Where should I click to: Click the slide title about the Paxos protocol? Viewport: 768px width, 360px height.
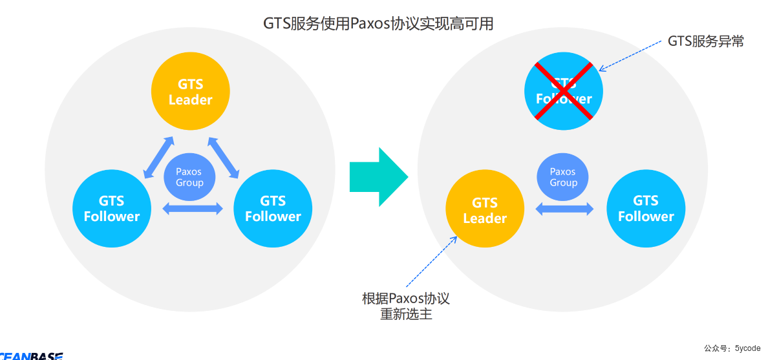(378, 24)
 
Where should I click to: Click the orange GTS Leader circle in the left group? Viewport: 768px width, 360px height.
(190, 92)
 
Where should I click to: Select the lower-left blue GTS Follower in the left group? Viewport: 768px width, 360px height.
(112, 208)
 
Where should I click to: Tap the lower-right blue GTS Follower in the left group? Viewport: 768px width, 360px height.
(273, 208)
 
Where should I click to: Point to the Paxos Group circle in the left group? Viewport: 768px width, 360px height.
(189, 176)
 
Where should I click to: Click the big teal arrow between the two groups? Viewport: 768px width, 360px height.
(379, 176)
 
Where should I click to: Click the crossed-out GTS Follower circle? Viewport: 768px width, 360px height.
(563, 91)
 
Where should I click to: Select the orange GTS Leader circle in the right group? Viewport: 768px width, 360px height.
(485, 210)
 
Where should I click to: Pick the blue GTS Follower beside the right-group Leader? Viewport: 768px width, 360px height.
(646, 208)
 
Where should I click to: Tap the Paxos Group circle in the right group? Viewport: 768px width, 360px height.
(563, 176)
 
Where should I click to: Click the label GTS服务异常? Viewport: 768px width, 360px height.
(705, 41)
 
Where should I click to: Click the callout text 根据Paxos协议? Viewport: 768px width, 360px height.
(405, 299)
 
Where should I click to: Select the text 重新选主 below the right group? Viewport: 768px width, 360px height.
(406, 315)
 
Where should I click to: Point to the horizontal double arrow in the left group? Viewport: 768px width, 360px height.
(192, 208)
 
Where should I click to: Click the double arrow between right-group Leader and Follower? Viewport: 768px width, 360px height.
(564, 208)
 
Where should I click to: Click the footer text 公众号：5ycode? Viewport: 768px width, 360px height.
(732, 348)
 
